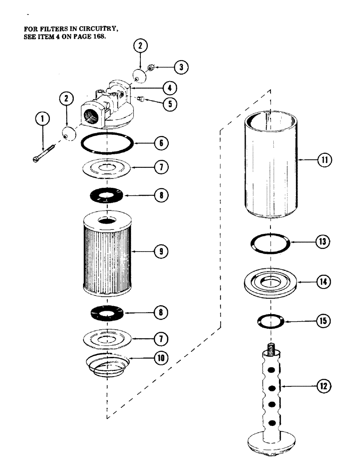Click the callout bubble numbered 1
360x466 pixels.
pyautogui.click(x=43, y=119)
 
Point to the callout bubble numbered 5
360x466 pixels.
pyautogui.click(x=172, y=103)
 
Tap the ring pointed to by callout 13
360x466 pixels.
pyautogui.click(x=270, y=243)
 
